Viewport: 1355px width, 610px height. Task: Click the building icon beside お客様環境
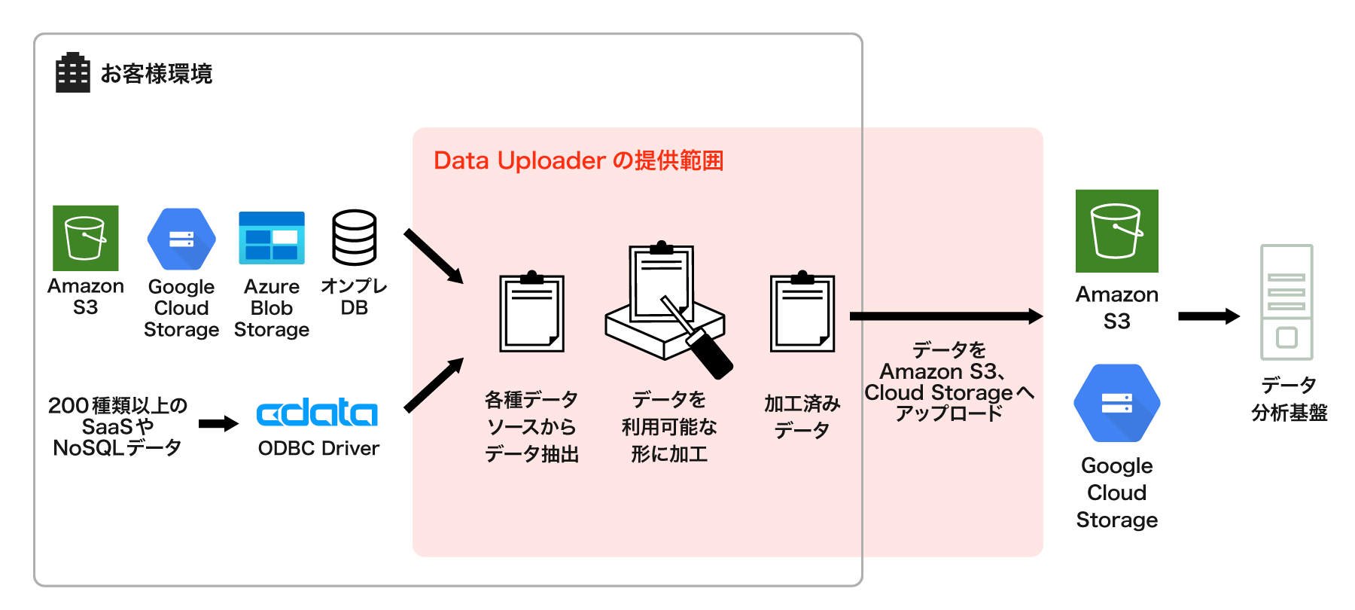point(73,73)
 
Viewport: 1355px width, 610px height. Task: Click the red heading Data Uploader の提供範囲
point(578,160)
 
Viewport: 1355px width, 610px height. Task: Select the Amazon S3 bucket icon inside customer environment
point(86,238)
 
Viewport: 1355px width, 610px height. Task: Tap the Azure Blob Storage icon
point(272,238)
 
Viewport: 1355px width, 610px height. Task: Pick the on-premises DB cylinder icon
point(354,237)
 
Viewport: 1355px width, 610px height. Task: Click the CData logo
point(317,413)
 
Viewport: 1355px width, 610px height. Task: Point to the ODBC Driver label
point(318,448)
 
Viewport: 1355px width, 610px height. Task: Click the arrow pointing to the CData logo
point(218,424)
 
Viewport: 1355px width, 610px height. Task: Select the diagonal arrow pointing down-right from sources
point(434,256)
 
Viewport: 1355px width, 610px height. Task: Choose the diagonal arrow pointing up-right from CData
point(434,386)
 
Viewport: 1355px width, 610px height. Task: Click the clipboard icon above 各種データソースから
point(532,313)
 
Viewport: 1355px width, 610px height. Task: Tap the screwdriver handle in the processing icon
point(710,352)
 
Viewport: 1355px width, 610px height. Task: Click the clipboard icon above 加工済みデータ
point(802,313)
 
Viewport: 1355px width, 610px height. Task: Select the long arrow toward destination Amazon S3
point(945,316)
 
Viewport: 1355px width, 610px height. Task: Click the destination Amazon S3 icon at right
point(1116,231)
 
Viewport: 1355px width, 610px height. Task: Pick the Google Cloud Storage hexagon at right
point(1116,403)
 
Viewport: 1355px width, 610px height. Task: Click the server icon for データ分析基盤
point(1286,302)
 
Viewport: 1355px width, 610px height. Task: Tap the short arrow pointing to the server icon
point(1208,316)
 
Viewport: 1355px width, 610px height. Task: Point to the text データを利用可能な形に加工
point(668,426)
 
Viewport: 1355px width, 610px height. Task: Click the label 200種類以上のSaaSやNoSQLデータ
point(117,426)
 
